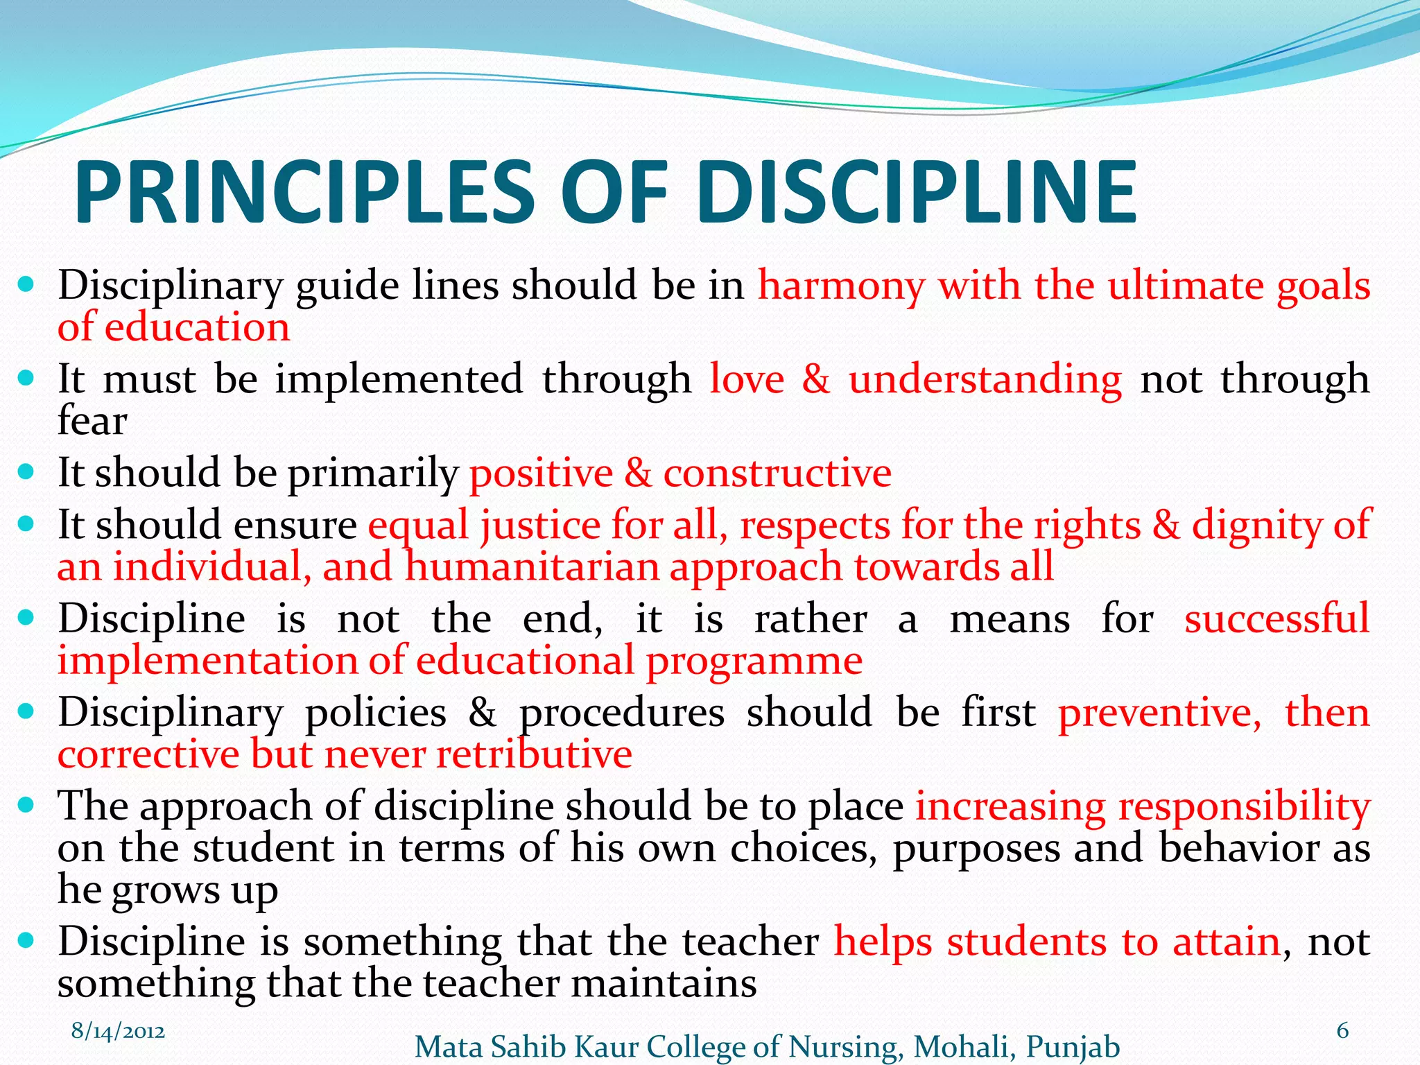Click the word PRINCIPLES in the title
click(305, 192)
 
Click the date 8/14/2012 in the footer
click(118, 1031)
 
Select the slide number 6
click(1342, 1030)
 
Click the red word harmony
click(841, 286)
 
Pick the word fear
click(92, 420)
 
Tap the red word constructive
click(777, 474)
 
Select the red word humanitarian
click(532, 566)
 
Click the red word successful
click(1276, 618)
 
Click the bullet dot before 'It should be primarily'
click(26, 472)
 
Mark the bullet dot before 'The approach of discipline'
click(26, 805)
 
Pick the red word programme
click(754, 660)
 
